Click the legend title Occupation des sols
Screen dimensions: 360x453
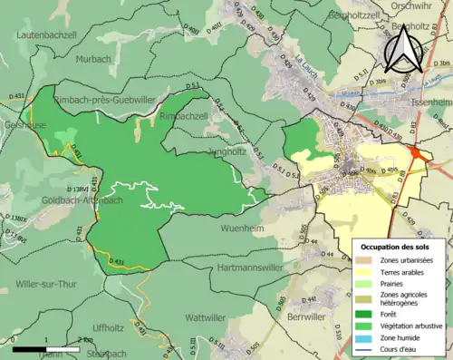[396, 247]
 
